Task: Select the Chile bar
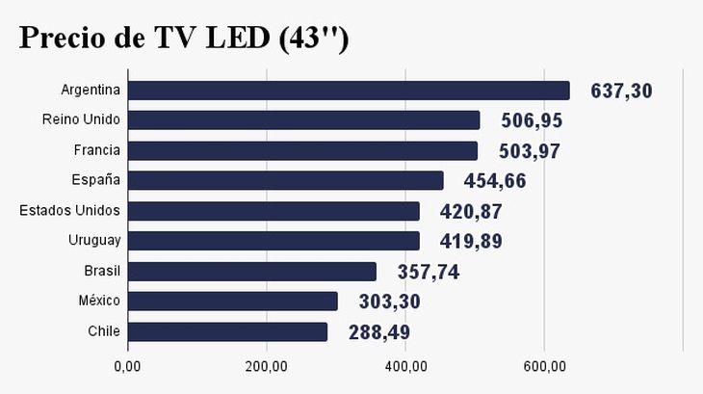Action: pos(227,331)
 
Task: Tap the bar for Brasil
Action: pos(251,272)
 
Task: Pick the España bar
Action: pos(285,181)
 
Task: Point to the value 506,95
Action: pos(532,121)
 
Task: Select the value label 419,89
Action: pos(471,242)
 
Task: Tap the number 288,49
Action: pos(378,332)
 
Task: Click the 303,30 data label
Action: pos(388,302)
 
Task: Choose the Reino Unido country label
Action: pos(81,120)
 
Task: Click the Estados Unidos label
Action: pos(69,211)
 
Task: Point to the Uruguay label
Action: pos(93,241)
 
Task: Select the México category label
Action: pos(99,302)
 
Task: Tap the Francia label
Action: pos(96,150)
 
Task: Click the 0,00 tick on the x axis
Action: pos(127,366)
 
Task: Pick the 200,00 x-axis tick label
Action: pos(267,366)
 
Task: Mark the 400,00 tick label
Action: pos(405,366)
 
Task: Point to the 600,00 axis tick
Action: pos(544,366)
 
